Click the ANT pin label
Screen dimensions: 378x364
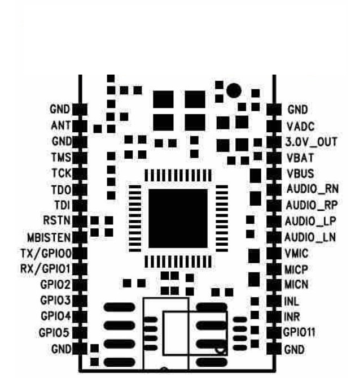click(x=61, y=125)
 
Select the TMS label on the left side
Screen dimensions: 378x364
click(x=61, y=157)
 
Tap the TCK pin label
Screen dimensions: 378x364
click(x=61, y=173)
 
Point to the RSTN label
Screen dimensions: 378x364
click(x=57, y=220)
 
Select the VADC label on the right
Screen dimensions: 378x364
click(x=300, y=126)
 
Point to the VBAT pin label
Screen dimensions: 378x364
click(x=300, y=158)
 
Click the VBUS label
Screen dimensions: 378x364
click(x=300, y=173)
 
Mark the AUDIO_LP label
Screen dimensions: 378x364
click(x=311, y=221)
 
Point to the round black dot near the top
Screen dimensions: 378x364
click(x=233, y=90)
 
